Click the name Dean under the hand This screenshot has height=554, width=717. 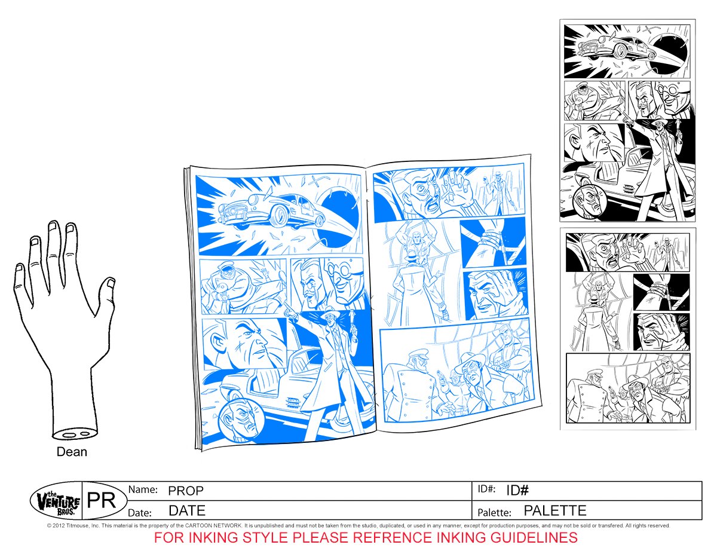click(72, 452)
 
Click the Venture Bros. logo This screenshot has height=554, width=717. click(55, 500)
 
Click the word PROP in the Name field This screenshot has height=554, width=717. click(186, 491)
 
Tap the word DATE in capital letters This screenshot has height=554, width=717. click(187, 511)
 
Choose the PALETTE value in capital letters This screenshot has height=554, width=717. click(555, 511)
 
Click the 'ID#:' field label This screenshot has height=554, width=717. click(486, 489)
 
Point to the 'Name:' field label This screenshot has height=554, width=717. click(143, 489)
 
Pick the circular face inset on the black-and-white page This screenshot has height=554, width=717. click(587, 204)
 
